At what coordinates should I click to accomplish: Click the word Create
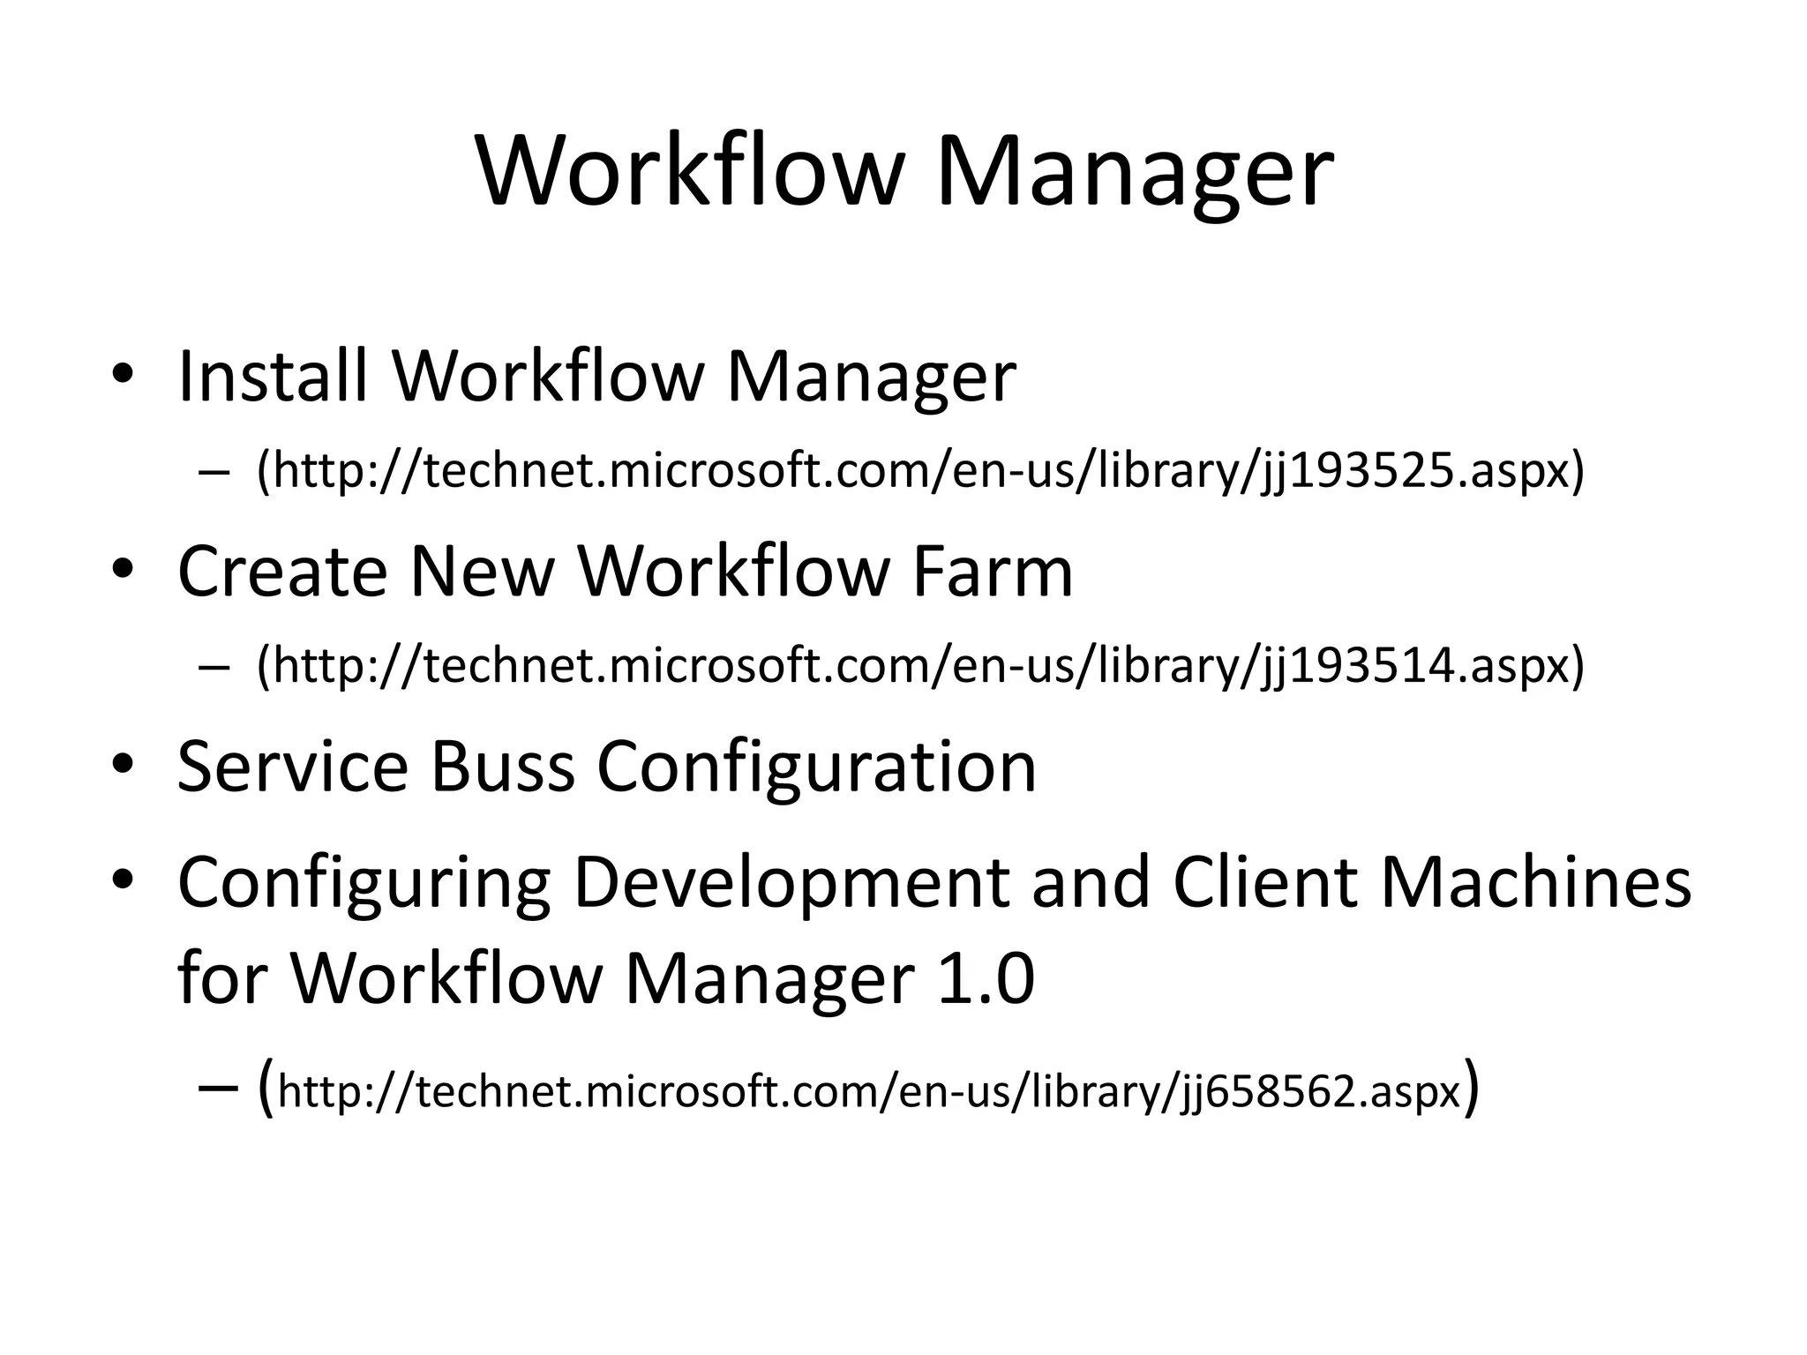tap(282, 572)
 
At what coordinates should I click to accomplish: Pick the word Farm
tap(992, 572)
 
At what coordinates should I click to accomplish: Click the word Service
tap(293, 766)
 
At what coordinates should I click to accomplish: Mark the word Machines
tap(1535, 882)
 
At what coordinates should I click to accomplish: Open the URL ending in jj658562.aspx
tap(869, 1092)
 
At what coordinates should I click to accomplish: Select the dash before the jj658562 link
tap(218, 1090)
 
